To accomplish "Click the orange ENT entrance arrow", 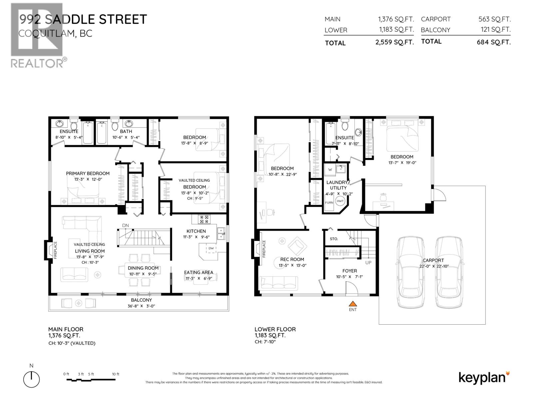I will tap(353, 304).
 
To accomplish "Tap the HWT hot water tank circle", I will tap(340, 201).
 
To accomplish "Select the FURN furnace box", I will tap(329, 203).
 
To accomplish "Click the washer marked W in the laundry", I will tap(330, 170).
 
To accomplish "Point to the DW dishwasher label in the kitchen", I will tap(211, 248).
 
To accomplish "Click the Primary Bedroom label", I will tap(88, 173).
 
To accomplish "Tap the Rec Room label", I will tap(292, 259).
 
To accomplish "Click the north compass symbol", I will tap(31, 379).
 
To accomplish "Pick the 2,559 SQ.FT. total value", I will tap(394, 43).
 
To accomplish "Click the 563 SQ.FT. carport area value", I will tap(494, 19).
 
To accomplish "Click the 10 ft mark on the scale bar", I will tap(116, 374).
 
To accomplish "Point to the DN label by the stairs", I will tap(125, 226).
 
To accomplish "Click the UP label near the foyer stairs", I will tap(368, 263).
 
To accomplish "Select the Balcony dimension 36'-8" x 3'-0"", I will tap(141, 306).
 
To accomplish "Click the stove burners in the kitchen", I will tap(204, 219).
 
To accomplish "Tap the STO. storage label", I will tap(334, 239).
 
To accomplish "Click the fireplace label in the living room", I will tap(56, 250).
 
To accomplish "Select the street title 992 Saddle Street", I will tap(83, 19).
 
